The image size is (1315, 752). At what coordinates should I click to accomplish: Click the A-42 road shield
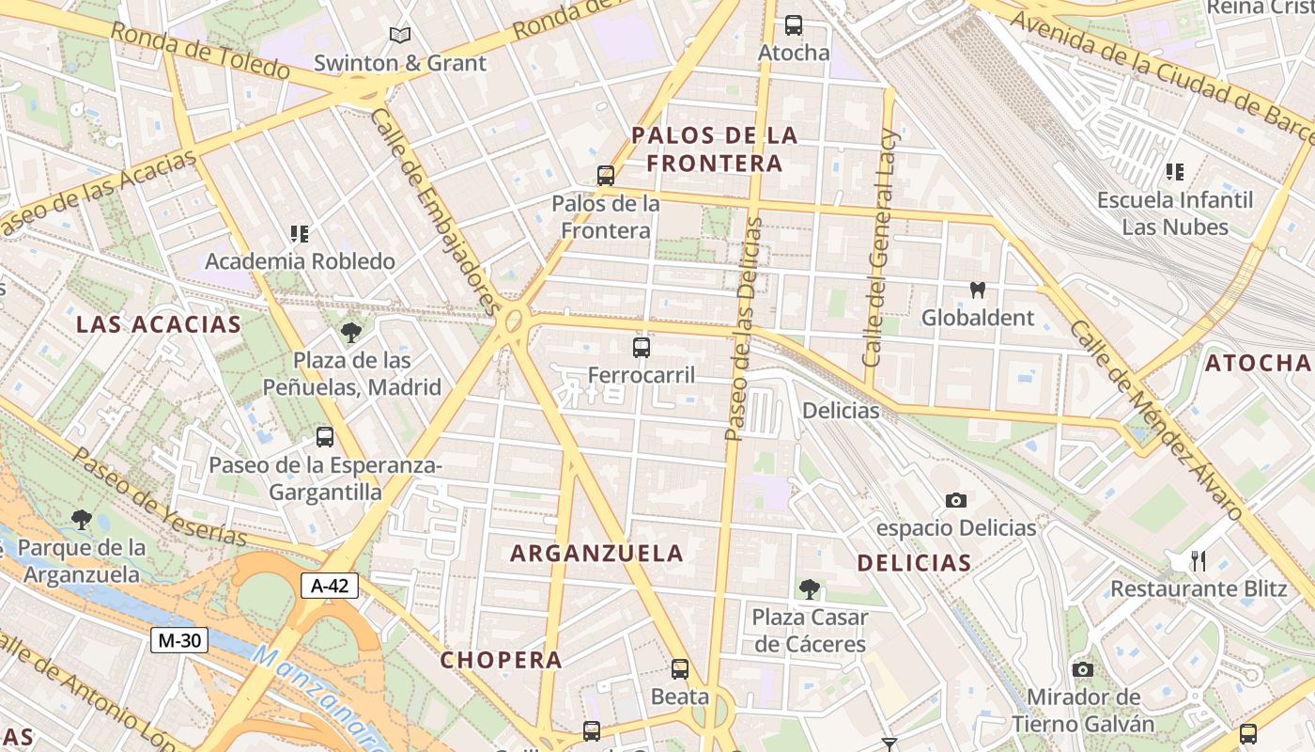point(330,586)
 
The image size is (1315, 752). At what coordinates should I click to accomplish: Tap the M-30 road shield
point(178,640)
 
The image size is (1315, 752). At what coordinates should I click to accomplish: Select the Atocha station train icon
point(794,25)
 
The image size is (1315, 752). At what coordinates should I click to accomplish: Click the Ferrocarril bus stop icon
point(642,348)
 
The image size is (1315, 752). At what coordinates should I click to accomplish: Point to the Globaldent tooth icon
point(977,290)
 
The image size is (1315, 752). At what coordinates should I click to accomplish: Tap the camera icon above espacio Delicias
point(956,500)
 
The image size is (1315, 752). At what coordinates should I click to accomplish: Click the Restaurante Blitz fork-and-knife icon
point(1198,561)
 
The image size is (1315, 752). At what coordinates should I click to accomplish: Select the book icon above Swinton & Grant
point(400,36)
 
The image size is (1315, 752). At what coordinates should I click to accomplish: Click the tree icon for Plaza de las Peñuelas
point(351,332)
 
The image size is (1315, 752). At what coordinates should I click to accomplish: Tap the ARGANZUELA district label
point(596,554)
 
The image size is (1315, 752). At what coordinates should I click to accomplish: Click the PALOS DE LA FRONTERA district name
point(715,149)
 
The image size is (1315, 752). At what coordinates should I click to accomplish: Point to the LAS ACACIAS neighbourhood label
point(159,325)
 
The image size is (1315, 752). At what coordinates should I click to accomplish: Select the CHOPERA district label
point(502,660)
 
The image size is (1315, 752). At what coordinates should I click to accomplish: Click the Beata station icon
point(680,669)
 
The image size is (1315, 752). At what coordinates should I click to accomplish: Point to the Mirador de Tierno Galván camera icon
point(1083,669)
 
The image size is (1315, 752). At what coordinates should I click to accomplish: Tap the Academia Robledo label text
point(300,261)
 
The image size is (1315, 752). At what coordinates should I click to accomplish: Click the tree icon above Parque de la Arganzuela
point(82,519)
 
